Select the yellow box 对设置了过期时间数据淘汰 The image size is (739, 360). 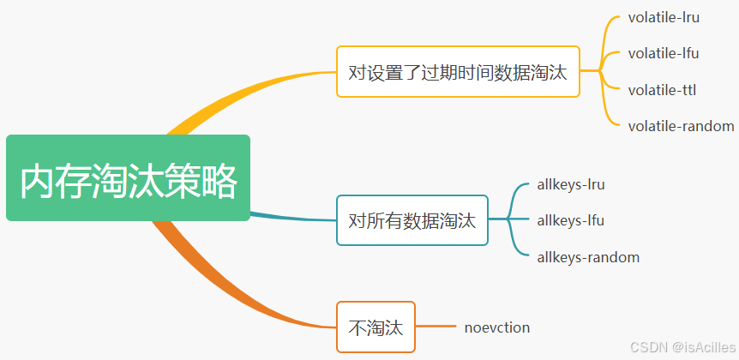tap(458, 71)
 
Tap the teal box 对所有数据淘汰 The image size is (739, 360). tap(412, 220)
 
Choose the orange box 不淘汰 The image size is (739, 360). tap(376, 327)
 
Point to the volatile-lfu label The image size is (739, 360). tap(663, 53)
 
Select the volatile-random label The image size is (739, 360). tap(681, 126)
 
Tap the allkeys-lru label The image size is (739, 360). tap(571, 183)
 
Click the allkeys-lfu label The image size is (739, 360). tap(571, 220)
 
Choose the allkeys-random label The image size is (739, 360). tap(588, 257)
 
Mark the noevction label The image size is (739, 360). tap(497, 327)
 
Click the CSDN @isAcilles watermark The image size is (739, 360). tap(682, 347)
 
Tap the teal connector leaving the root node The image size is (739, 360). tap(291, 216)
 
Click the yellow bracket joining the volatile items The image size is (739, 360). tap(605, 71)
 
